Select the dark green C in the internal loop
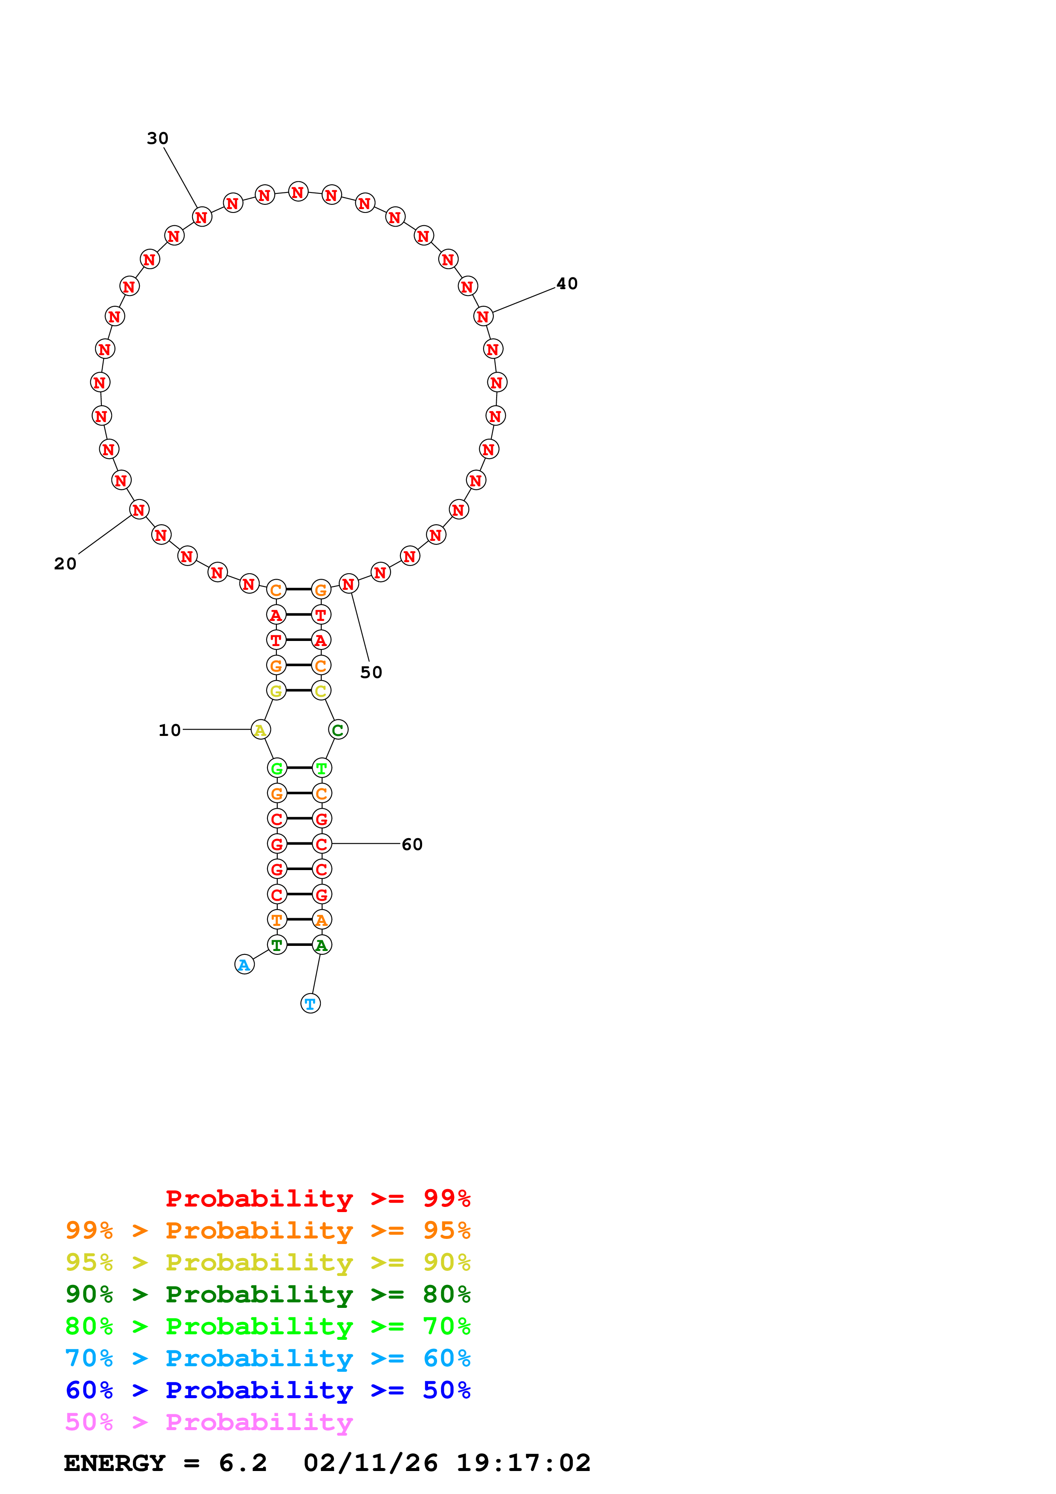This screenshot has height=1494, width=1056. [338, 730]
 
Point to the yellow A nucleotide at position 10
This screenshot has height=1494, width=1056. [260, 730]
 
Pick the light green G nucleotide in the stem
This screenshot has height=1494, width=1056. [276, 768]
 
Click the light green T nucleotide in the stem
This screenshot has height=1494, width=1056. [322, 768]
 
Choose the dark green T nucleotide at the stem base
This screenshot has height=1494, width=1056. [276, 944]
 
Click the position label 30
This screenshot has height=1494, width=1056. [158, 138]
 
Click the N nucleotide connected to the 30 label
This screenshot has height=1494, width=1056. [201, 217]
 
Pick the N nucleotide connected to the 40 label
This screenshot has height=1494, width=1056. [483, 316]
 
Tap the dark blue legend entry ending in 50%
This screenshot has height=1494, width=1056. [268, 1390]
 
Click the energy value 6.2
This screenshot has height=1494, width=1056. [243, 1463]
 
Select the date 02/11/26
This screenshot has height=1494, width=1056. [370, 1463]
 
